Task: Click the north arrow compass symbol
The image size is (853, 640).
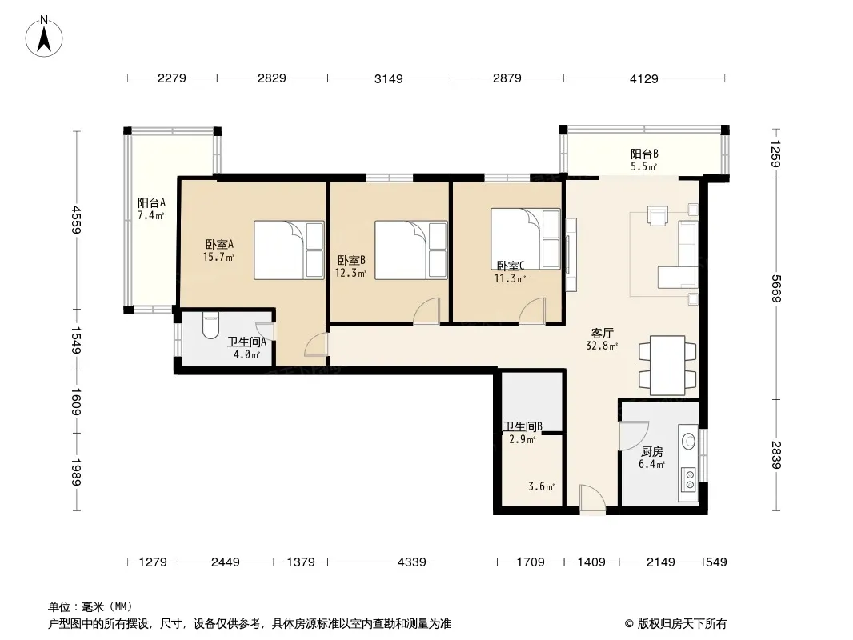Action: tap(44, 37)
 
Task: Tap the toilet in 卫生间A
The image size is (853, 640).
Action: tap(210, 325)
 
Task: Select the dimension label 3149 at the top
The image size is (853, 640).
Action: tap(388, 79)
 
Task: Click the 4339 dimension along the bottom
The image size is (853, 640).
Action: tap(412, 562)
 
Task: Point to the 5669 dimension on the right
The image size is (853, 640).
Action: tap(776, 290)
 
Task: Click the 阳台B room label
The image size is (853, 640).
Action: tap(644, 154)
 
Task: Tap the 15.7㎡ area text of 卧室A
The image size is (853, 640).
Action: tap(218, 257)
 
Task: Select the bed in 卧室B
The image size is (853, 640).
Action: tap(411, 250)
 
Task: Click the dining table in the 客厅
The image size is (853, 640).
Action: tap(667, 366)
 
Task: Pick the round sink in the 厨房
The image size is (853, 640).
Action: tap(689, 441)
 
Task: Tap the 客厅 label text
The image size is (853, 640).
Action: tap(603, 333)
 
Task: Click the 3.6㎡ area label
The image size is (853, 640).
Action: tap(541, 486)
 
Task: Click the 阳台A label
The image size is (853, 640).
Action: tap(151, 203)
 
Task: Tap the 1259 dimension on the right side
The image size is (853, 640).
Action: tap(776, 154)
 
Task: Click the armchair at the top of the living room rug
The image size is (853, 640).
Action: tap(658, 215)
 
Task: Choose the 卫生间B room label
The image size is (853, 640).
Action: tap(523, 427)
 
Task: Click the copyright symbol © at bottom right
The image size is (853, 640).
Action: tap(629, 624)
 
